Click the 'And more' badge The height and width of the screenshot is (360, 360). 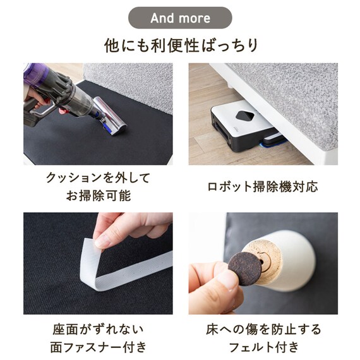(x=180, y=18)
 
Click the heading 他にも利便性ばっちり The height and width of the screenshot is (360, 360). (x=181, y=45)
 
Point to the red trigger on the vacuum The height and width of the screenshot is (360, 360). (x=61, y=111)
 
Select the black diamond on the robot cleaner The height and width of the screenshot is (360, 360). (x=245, y=116)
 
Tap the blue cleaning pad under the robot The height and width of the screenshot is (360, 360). (x=272, y=145)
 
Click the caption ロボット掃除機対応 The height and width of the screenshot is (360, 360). (x=263, y=187)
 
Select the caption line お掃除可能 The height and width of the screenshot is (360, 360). (x=99, y=196)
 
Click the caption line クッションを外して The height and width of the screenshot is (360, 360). (x=99, y=178)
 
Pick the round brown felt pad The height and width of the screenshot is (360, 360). (x=246, y=269)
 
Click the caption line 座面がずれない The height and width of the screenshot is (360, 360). (x=99, y=329)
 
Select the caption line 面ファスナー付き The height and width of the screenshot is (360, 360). (x=99, y=347)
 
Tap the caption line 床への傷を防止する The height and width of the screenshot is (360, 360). (x=263, y=329)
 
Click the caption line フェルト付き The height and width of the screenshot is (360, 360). (x=263, y=347)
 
